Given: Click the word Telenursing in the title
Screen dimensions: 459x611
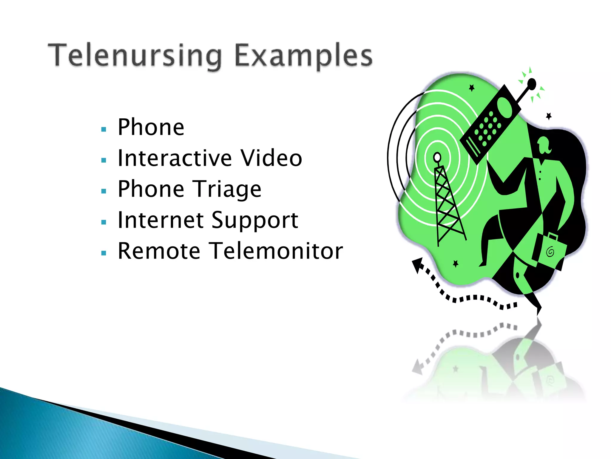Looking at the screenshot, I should (x=135, y=56).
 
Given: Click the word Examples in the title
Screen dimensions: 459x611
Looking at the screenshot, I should (x=303, y=56).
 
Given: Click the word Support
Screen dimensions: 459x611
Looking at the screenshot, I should (x=255, y=221).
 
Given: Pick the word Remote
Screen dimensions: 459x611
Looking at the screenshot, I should (x=159, y=251).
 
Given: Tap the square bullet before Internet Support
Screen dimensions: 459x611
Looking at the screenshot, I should (x=104, y=222).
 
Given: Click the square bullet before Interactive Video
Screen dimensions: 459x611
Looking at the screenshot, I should (x=104, y=160).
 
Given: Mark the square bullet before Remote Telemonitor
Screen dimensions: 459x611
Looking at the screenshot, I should (x=104, y=253).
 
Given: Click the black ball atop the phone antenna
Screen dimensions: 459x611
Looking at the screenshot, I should (x=532, y=84).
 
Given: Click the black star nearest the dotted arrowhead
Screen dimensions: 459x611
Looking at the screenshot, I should (x=455, y=263).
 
